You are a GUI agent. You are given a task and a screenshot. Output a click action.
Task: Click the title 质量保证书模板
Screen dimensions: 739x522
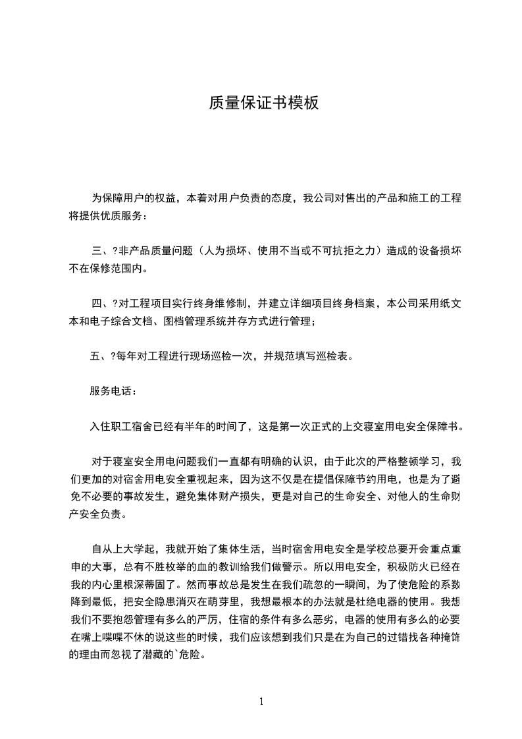point(263,103)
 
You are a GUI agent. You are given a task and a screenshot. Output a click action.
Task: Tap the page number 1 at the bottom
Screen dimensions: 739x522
point(261,701)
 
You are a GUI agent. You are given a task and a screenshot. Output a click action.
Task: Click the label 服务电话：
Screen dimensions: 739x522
point(113,391)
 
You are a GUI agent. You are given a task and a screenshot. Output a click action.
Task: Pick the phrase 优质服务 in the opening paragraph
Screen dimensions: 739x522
point(117,215)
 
